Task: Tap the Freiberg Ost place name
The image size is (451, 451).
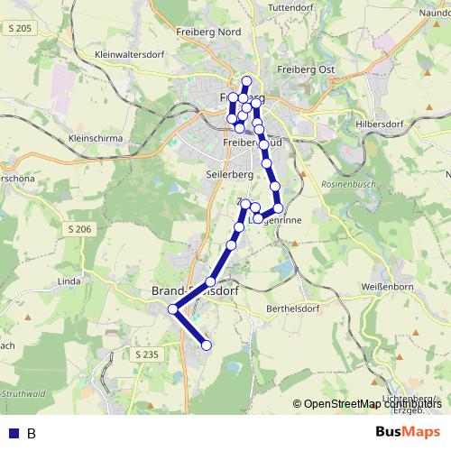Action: pyautogui.click(x=306, y=69)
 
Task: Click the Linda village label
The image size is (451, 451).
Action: pyautogui.click(x=69, y=281)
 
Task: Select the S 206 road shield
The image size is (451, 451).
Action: pyautogui.click(x=78, y=230)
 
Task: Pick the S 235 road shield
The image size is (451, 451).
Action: pyautogui.click(x=145, y=354)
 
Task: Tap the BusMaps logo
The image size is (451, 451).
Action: pyautogui.click(x=409, y=432)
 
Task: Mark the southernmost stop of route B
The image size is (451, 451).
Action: pyautogui.click(x=206, y=345)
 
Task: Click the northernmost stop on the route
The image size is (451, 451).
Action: pyautogui.click(x=247, y=81)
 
